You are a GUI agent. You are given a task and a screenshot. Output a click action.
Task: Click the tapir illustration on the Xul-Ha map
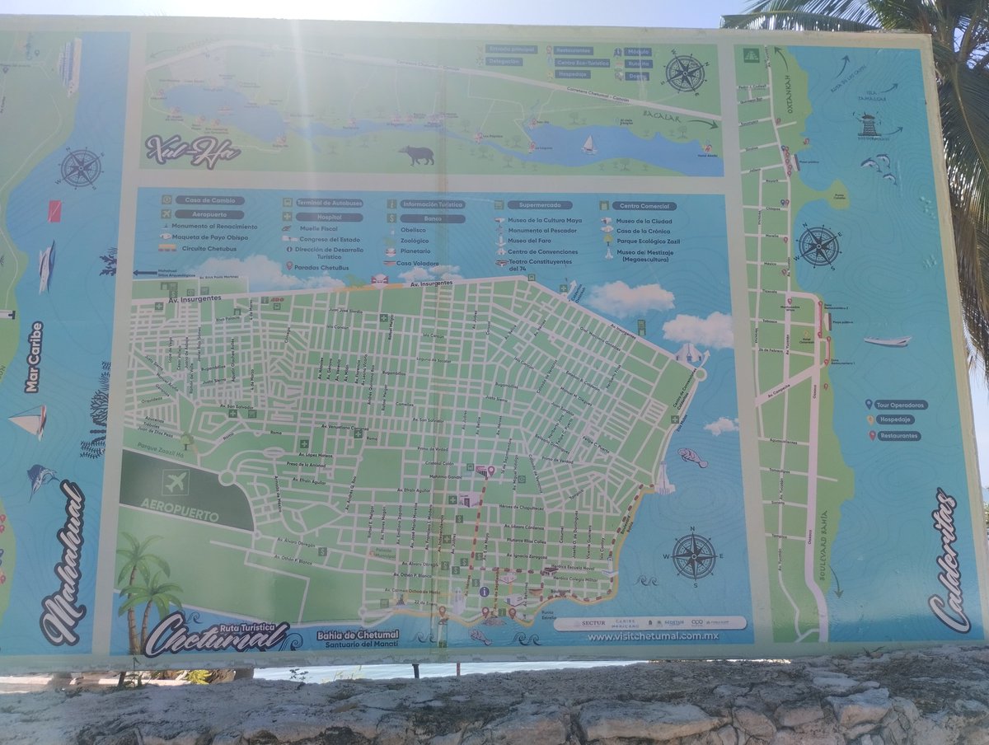point(417,155)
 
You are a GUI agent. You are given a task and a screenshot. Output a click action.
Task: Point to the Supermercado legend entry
point(539,204)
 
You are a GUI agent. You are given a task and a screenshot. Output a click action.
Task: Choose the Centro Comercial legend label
point(644,206)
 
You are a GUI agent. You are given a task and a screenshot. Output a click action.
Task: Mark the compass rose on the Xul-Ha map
point(685,73)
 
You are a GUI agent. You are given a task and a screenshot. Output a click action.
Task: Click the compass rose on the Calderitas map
point(818,246)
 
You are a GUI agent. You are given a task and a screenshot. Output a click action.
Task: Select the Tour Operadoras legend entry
point(901,405)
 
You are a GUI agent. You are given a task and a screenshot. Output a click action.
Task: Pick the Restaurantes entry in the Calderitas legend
point(898,435)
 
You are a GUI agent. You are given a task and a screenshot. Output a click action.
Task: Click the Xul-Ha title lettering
point(193,152)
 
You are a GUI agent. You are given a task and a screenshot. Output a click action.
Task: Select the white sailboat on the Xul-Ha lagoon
point(589,145)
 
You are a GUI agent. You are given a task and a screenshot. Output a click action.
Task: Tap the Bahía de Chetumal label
point(357,635)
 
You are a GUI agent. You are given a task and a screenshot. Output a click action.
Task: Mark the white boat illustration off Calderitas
point(888,340)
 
